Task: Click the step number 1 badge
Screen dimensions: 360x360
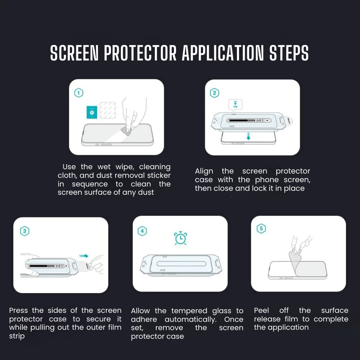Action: pos(78,93)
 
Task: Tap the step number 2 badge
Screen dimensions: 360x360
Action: pos(215,93)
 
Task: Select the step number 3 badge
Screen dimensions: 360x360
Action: pos(24,231)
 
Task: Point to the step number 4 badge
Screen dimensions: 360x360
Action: pos(143,231)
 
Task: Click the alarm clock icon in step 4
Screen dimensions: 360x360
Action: pos(180,238)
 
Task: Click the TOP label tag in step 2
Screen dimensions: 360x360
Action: pos(236,105)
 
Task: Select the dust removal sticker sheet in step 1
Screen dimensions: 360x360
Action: pos(107,110)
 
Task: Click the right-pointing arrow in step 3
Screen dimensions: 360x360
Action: pos(84,256)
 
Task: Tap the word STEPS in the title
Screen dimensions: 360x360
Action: pos(289,54)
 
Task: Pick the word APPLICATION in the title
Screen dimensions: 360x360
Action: pos(223,54)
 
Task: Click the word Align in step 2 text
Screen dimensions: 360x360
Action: pos(204,171)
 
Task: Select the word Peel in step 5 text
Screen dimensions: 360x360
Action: pos(261,310)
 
